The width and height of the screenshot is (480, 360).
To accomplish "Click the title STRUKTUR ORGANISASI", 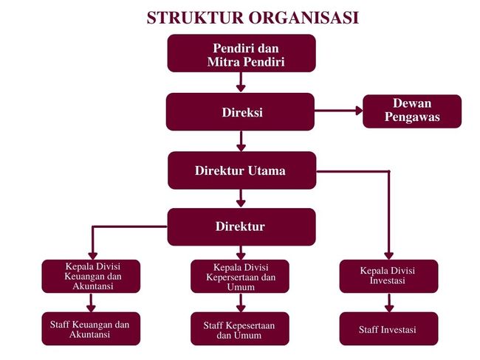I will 253,17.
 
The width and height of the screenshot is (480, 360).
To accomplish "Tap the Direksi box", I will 241,112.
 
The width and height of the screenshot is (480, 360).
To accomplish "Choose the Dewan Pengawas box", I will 411,111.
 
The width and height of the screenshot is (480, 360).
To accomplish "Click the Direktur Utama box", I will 241,170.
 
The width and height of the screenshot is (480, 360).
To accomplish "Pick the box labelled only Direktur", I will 241,226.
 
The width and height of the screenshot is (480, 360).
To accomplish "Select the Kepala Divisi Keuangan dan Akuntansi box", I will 92,276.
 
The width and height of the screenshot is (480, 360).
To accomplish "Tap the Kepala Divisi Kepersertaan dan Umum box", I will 240,277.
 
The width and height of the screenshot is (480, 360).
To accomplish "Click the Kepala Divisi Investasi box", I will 388,276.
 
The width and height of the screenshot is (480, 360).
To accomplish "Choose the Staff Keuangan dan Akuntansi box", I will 90,329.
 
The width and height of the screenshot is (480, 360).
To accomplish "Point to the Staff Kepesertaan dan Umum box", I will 240,329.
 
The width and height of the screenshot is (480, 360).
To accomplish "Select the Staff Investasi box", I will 388,329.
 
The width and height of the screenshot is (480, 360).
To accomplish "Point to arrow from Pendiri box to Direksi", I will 241,82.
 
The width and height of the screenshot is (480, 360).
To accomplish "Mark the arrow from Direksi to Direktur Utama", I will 241,141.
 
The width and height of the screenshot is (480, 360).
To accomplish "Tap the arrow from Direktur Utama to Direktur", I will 241,198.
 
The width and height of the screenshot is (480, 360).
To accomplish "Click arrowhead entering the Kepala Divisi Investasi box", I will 388,254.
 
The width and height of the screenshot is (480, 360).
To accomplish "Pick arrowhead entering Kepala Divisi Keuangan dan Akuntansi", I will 92,254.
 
